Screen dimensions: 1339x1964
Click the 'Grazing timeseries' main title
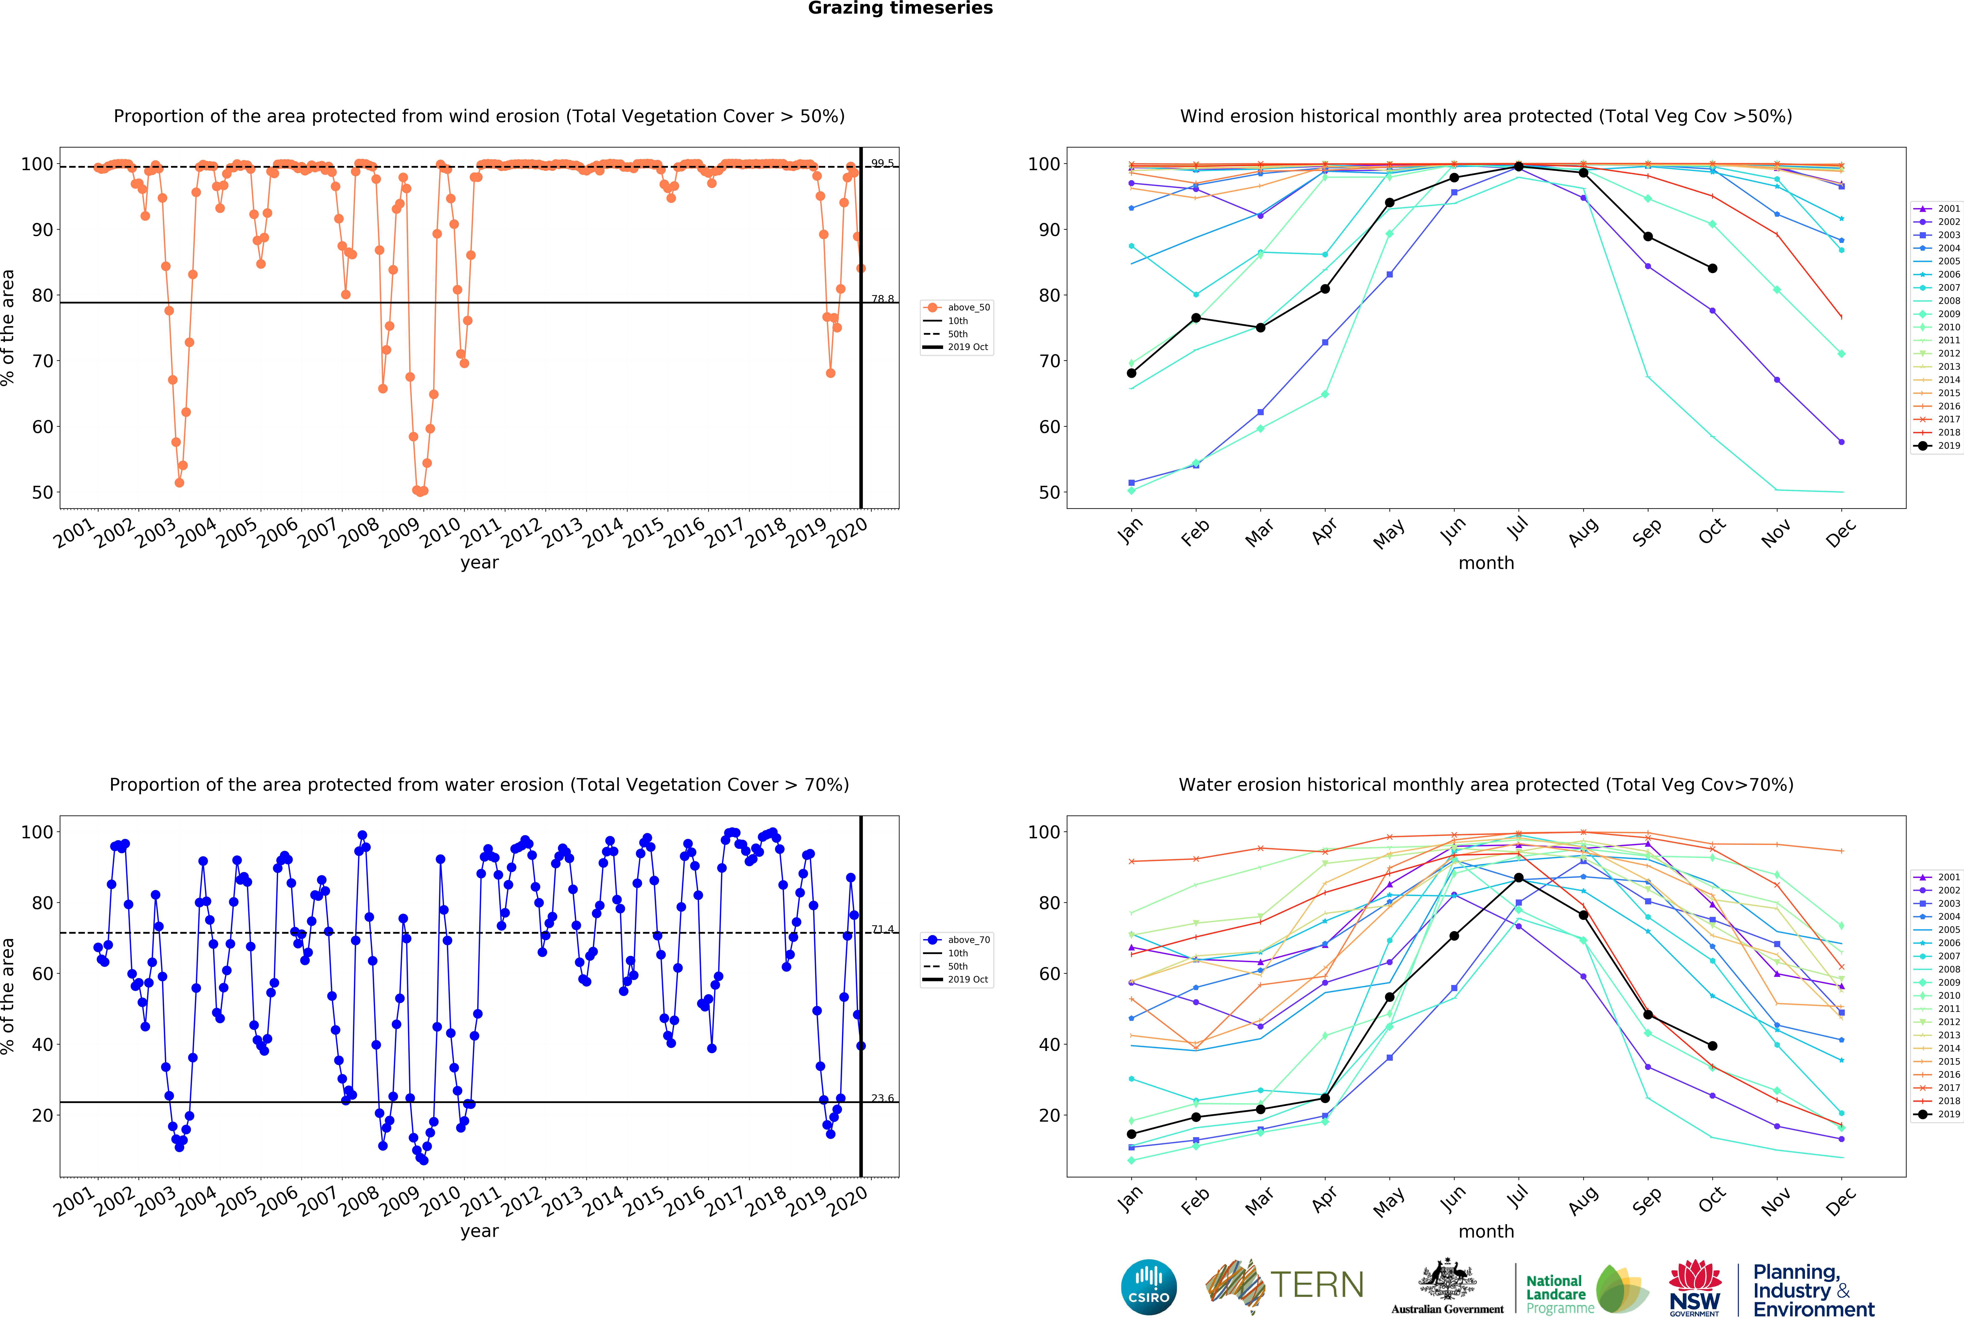coord(900,8)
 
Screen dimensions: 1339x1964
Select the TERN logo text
coord(1317,1285)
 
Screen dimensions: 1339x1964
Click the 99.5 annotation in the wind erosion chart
coord(882,163)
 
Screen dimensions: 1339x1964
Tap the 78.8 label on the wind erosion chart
coord(882,299)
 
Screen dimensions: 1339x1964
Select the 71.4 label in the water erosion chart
coord(882,929)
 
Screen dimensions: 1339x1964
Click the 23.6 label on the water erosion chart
coord(882,1098)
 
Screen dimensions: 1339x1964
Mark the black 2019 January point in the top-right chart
coord(1132,373)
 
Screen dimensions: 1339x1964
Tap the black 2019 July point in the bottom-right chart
coord(1519,878)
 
